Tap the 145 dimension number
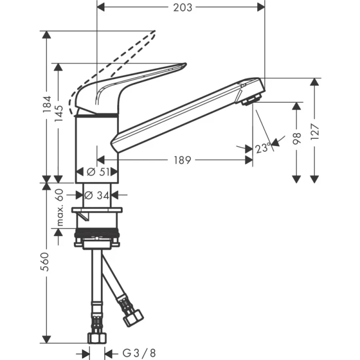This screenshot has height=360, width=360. coord(60,114)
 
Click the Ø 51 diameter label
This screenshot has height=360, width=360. coord(97,172)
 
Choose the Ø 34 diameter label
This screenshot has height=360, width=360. coord(97,195)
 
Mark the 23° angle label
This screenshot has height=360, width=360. coord(263,148)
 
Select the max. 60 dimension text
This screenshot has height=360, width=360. coord(60,208)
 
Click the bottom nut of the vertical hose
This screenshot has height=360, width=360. coord(96,338)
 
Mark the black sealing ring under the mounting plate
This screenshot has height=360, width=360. coord(97,235)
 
